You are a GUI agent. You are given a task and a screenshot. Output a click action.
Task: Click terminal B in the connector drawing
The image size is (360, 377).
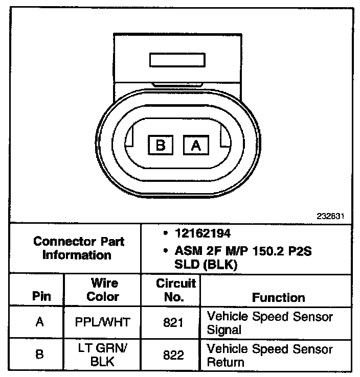point(160,146)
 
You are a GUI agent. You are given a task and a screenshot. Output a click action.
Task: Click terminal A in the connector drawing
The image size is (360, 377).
point(195,146)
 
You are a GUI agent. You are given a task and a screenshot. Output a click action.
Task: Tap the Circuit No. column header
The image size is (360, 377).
point(176,290)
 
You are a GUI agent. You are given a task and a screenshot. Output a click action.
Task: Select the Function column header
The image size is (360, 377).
point(278,297)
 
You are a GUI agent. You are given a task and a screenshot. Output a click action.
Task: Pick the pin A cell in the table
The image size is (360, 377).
point(39,322)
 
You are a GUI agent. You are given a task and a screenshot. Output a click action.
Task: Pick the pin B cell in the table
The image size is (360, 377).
point(39,355)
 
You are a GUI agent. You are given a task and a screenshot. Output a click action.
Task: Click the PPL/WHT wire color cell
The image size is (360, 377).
point(103,322)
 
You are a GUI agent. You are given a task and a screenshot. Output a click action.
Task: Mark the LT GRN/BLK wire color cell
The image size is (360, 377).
point(103,355)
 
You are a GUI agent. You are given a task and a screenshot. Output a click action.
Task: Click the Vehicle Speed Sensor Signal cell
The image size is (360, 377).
point(269,323)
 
